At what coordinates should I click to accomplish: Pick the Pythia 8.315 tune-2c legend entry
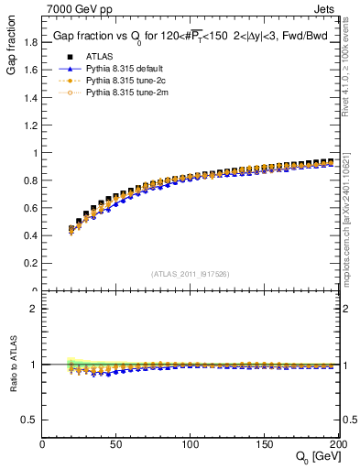pyautogui.click(x=123, y=80)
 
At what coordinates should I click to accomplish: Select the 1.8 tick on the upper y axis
pyautogui.click(x=30, y=41)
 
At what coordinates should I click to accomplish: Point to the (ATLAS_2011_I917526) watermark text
pyautogui.click(x=191, y=273)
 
